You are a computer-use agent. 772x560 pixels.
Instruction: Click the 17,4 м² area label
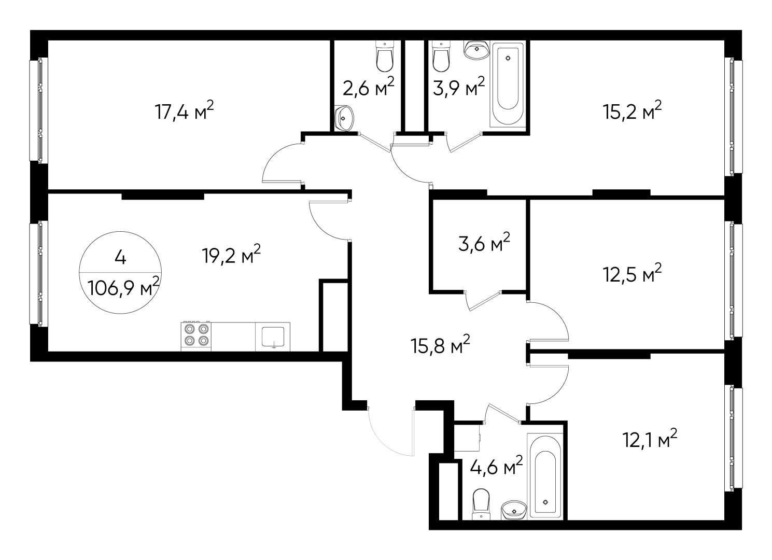click(184, 111)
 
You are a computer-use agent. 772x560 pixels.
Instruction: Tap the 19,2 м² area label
click(231, 255)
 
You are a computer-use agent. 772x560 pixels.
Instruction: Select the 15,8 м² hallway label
click(441, 345)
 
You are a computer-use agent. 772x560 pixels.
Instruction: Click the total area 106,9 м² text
click(123, 286)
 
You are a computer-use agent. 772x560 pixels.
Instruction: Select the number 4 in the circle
click(120, 257)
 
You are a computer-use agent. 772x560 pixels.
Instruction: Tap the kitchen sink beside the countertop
click(273, 336)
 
